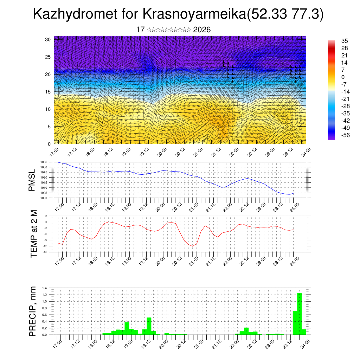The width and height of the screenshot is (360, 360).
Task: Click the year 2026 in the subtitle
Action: coord(202,30)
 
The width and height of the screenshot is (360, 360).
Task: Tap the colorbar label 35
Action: coord(345,41)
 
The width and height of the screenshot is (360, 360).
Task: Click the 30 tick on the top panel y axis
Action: coord(48,39)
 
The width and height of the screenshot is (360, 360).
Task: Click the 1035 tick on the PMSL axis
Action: coord(44,162)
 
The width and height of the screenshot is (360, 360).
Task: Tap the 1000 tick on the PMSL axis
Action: coord(44,198)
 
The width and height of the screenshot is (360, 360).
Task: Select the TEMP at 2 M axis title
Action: coord(34,234)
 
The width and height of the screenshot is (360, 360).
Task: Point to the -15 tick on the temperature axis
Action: coord(45,252)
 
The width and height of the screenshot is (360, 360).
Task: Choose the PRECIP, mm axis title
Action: coord(33,311)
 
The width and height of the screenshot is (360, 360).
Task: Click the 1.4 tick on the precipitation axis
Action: coord(45,288)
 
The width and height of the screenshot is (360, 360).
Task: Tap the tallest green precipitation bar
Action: coord(300,313)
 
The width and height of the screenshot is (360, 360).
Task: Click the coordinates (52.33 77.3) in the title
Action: coord(285,15)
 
